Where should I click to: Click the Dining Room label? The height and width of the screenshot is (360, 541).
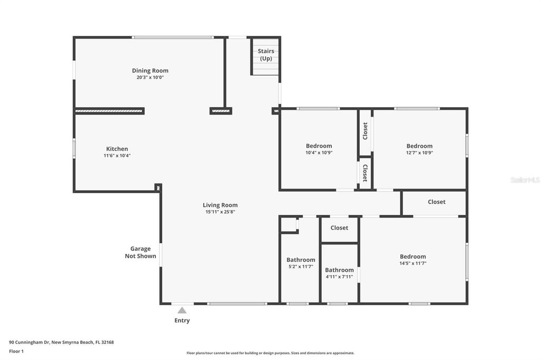pos(150,71)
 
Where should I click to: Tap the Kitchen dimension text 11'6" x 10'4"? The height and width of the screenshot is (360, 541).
pos(117,156)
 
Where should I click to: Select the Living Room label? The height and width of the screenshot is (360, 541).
pos(220,205)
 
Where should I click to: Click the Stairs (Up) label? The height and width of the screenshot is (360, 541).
pos(266,55)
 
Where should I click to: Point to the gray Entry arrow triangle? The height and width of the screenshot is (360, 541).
pos(182,310)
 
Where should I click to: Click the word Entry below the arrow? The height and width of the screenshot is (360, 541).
pos(182,320)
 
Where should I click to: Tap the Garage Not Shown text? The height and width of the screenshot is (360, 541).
pos(141,252)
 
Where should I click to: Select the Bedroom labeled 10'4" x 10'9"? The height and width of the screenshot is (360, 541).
pos(319,146)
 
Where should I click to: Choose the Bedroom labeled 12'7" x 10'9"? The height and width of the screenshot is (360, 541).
pos(419,146)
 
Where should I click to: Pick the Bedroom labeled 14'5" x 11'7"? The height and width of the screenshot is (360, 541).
pos(413,257)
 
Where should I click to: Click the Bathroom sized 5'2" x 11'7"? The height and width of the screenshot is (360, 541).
pos(301,260)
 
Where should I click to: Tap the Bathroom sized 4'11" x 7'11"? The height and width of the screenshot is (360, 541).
pos(339,270)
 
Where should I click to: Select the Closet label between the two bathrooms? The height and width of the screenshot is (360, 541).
pos(339,228)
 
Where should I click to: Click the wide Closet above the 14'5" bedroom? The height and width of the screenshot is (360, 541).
pos(436,202)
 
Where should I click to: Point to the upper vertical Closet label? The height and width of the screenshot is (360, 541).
pos(365,131)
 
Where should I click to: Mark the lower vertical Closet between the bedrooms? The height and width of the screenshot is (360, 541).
pos(365,173)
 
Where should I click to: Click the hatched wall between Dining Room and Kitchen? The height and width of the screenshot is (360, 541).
pos(109,111)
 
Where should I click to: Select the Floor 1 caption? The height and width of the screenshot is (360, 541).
pos(16,351)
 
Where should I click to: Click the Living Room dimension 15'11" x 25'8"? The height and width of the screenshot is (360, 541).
pos(220,212)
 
